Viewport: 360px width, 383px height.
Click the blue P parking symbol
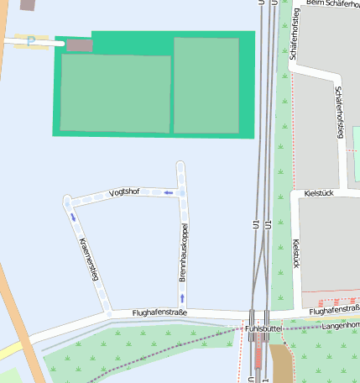(x=32, y=39)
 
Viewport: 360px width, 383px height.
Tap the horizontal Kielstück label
(x=320, y=192)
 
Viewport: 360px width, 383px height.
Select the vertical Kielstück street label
(x=295, y=253)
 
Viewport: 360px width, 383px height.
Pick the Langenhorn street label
(x=339, y=324)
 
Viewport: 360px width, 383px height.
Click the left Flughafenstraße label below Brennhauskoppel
(x=159, y=313)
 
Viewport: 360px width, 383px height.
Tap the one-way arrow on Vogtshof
(x=169, y=192)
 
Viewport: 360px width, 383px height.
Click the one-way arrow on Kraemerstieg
(x=73, y=217)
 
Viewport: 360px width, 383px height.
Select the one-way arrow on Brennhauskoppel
(x=181, y=297)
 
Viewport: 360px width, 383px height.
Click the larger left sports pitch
(x=115, y=93)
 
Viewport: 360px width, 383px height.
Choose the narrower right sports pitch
(x=206, y=85)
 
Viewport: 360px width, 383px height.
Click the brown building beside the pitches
(x=79, y=45)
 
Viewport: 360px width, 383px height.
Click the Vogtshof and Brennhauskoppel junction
(x=181, y=192)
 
